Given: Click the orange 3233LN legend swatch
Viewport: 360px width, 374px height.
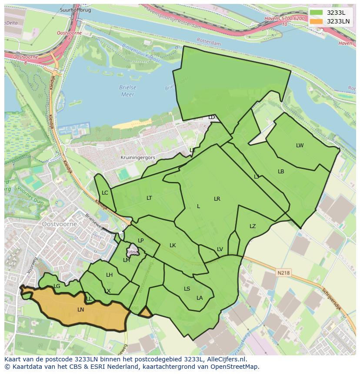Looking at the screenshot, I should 316,21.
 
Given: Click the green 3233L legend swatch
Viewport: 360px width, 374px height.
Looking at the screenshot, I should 316,13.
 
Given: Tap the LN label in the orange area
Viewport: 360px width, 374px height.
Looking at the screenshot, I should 80,310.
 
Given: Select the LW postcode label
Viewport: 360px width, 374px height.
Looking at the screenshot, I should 300,146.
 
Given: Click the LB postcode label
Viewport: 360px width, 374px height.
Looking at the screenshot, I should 281,172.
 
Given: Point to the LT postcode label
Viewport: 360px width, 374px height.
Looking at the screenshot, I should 149,198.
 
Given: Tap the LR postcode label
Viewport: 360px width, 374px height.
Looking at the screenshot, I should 217,199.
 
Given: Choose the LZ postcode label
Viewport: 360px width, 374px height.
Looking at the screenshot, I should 253,226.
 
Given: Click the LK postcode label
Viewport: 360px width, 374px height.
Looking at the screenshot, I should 173,245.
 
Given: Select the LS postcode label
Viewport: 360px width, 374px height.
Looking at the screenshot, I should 187,289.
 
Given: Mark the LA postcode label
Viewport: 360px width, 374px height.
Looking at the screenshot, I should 200,298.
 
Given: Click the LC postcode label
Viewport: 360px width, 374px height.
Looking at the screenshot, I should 105,193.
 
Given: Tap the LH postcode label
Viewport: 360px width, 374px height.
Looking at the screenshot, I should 109,275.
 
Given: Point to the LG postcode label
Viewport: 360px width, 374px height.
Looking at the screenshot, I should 57,286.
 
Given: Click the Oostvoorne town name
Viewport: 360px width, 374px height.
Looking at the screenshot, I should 60,224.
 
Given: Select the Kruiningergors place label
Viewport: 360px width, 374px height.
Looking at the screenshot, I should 137,158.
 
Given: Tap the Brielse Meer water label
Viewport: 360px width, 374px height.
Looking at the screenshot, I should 128,91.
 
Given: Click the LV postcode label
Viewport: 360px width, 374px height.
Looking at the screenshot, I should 220,249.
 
